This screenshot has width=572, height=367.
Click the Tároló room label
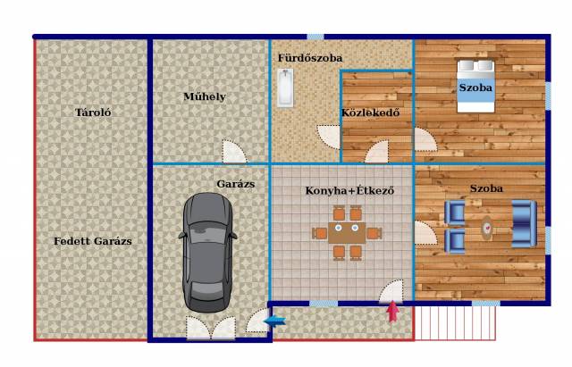click(93, 113)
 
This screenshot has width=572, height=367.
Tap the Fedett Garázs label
click(93, 241)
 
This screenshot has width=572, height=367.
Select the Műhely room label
click(205, 96)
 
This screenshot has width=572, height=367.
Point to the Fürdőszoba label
click(310, 58)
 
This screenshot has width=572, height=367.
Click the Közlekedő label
click(370, 113)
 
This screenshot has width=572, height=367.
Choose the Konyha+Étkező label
click(349, 190)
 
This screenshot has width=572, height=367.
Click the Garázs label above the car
click(236, 184)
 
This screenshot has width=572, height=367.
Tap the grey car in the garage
click(207, 252)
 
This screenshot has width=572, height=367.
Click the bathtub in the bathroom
click(285, 88)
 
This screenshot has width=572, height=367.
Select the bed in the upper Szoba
click(475, 86)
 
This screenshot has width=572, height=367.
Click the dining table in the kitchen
click(347, 233)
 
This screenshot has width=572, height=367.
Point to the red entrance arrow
click(392, 312)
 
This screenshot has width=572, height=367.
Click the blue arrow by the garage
click(274, 321)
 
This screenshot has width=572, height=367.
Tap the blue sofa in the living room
click(525, 224)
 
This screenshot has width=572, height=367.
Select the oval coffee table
click(486, 228)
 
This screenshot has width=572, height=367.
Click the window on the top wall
click(315, 37)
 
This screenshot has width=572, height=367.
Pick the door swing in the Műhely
click(234, 151)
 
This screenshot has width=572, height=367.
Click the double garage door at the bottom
click(211, 328)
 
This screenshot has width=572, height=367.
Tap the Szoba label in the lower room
click(486, 188)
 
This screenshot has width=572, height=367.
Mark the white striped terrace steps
click(455, 323)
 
